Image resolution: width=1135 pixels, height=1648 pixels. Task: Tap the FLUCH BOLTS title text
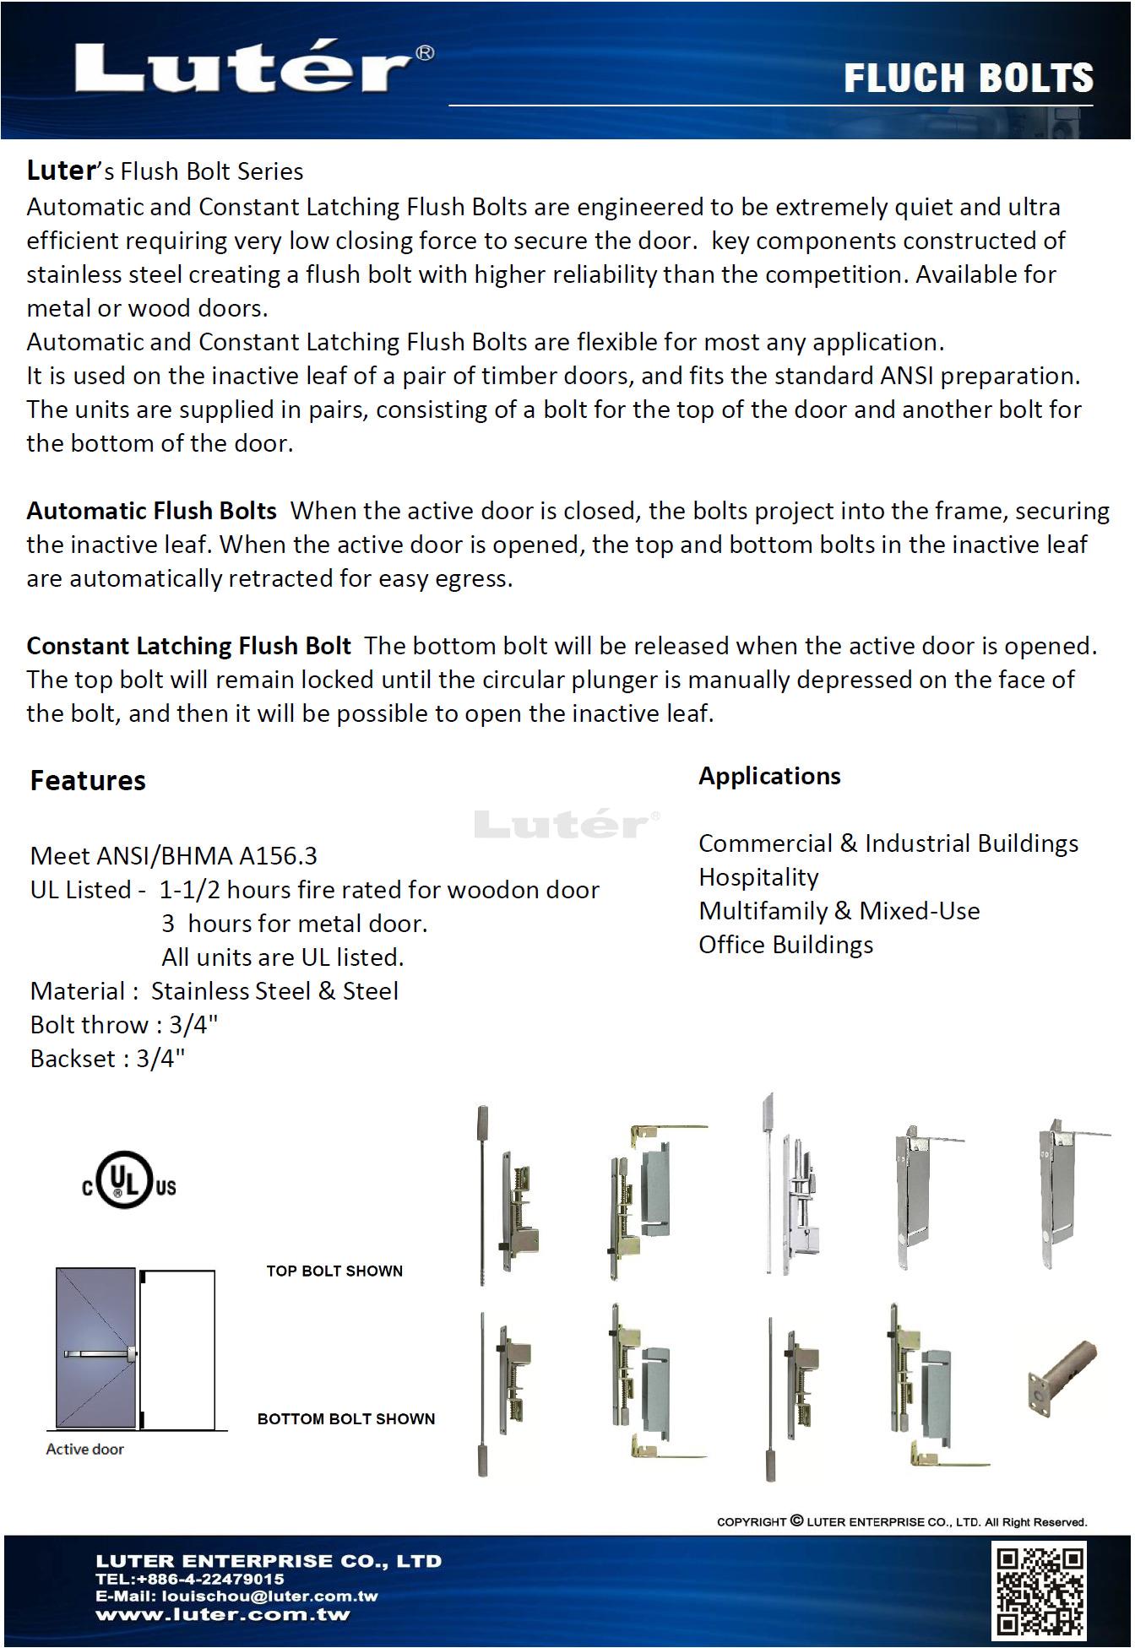(x=968, y=78)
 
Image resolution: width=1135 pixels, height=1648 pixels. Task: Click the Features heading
(x=88, y=780)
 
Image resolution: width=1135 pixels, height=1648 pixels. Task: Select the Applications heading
(x=769, y=776)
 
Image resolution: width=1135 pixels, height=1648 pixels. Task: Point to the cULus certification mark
(x=129, y=1181)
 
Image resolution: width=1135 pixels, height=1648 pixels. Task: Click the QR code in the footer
(x=1041, y=1591)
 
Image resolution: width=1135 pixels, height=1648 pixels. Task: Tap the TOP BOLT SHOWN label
(x=334, y=1271)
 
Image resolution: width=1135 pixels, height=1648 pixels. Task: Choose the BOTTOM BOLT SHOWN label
(x=346, y=1418)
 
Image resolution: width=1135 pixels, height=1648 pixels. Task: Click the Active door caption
(x=84, y=1449)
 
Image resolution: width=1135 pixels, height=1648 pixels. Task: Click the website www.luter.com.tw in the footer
(x=223, y=1615)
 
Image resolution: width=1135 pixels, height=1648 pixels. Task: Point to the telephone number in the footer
(x=190, y=1579)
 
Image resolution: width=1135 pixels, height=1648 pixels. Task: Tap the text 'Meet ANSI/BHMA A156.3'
(x=173, y=856)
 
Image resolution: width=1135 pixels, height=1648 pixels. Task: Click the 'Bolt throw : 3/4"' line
(x=124, y=1025)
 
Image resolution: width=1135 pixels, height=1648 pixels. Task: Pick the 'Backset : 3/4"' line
(x=107, y=1059)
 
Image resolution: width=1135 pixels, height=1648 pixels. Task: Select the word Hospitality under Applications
(x=758, y=877)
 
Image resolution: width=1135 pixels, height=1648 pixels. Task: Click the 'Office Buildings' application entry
(x=785, y=945)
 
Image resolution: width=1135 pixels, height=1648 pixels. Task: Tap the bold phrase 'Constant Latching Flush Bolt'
(x=188, y=646)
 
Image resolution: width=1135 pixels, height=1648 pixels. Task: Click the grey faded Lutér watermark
(x=567, y=824)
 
